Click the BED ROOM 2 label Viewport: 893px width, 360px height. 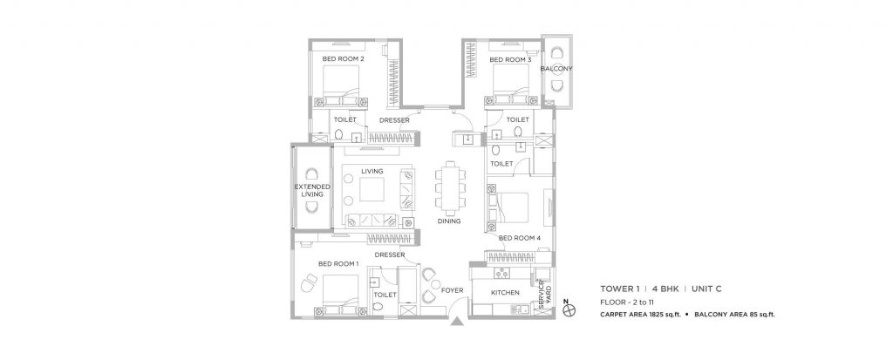pos(343,59)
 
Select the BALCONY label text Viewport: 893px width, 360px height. pos(556,68)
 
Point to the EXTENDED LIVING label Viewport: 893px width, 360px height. pos(311,191)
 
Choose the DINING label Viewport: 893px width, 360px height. pos(449,221)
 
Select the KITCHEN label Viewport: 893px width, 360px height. pos(505,293)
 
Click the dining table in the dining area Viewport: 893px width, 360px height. pos(450,187)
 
